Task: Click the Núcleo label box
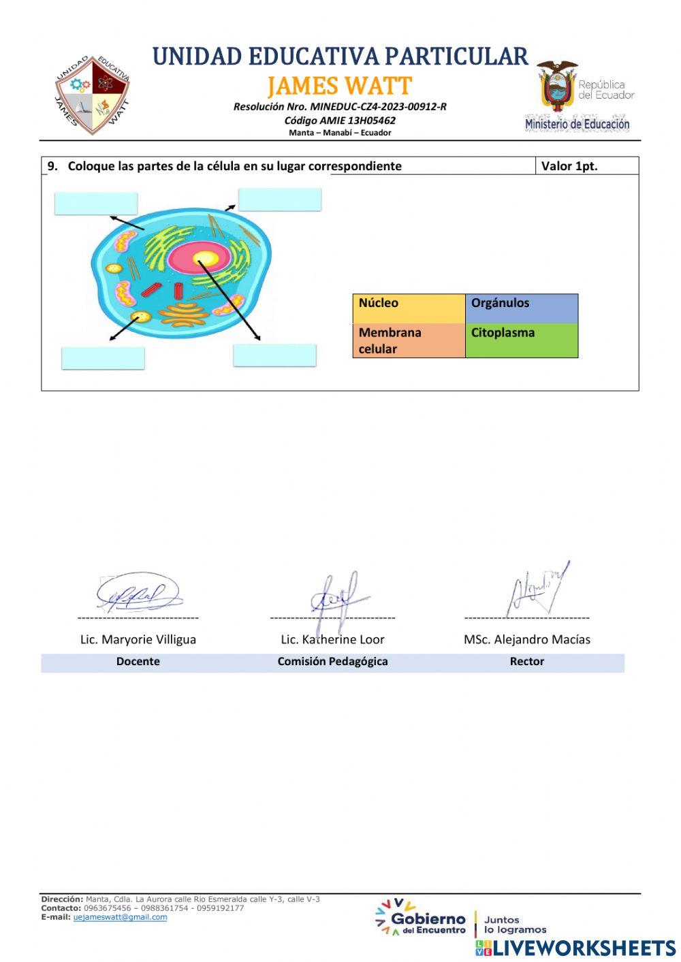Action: point(409,308)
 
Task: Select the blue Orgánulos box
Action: point(522,308)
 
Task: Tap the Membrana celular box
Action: point(409,340)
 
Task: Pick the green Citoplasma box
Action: point(522,340)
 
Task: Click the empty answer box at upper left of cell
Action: point(96,204)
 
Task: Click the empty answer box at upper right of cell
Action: point(279,199)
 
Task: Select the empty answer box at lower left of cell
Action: point(103,358)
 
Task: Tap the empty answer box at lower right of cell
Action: point(274,355)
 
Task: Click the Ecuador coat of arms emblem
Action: point(557,87)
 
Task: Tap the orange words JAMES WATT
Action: point(339,86)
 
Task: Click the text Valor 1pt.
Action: point(569,166)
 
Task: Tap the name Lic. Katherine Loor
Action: point(332,639)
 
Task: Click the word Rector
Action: point(526,661)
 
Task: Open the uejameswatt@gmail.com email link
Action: point(120,917)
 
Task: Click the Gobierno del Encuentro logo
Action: point(421,919)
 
